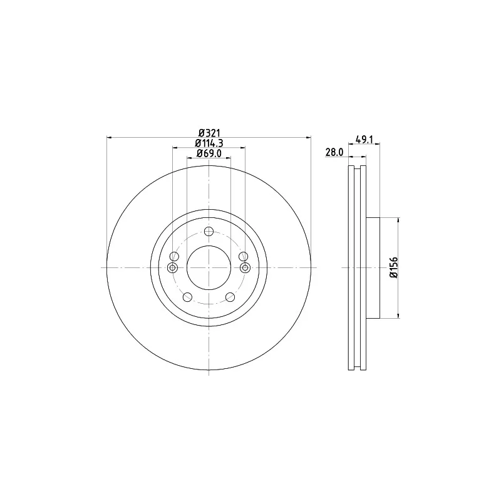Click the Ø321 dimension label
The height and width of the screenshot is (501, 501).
pyautogui.click(x=209, y=133)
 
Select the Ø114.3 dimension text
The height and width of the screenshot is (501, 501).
pyautogui.click(x=209, y=143)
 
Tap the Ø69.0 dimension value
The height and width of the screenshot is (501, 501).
pyautogui.click(x=209, y=153)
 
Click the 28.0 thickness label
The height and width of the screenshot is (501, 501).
pyautogui.click(x=334, y=152)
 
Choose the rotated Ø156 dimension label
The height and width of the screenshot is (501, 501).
pyautogui.click(x=394, y=267)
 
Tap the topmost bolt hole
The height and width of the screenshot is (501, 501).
pyautogui.click(x=209, y=231)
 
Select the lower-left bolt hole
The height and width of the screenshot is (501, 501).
pyautogui.click(x=187, y=297)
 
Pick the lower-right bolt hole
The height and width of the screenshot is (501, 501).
pyautogui.click(x=230, y=297)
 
